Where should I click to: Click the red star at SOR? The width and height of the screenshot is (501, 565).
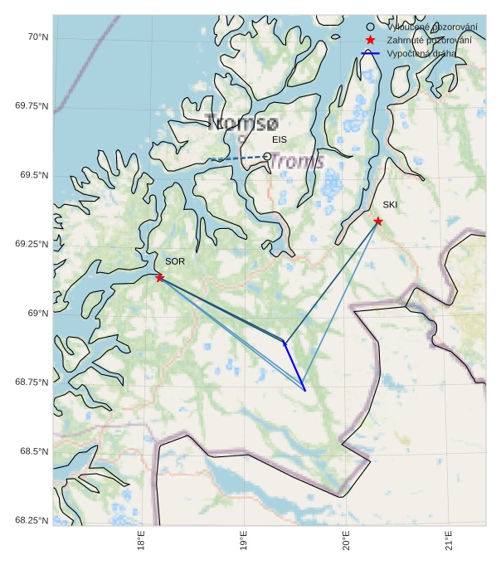click(159, 277)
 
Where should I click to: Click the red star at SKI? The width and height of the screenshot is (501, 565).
click(377, 221)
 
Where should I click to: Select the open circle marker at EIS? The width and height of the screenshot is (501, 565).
click(267, 156)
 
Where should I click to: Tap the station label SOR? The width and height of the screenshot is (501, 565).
click(175, 261)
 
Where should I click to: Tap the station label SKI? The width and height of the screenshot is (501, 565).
click(390, 204)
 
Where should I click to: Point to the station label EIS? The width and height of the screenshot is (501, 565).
click(280, 140)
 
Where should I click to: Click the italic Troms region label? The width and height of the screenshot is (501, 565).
click(296, 162)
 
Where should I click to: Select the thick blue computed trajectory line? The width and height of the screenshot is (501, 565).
click(294, 366)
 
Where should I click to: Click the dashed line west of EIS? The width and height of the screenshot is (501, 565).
click(236, 158)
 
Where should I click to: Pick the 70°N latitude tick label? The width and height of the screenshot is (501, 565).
click(36, 37)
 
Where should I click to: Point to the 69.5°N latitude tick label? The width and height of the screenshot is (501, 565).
click(32, 175)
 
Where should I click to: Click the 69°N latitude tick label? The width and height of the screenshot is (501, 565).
click(36, 313)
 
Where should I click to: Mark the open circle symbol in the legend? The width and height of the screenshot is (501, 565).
click(370, 27)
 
